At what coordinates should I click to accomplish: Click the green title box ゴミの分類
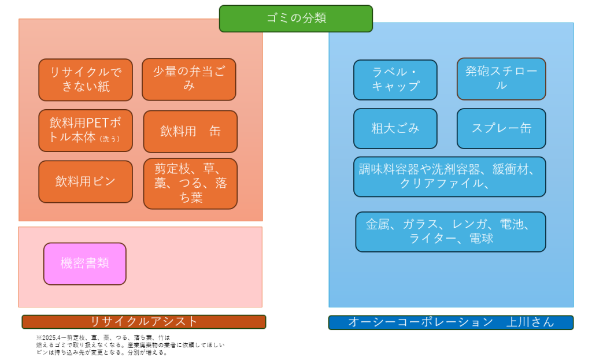295,18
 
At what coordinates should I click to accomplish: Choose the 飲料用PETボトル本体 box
86,131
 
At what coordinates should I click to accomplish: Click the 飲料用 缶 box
190,131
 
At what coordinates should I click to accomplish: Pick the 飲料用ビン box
86,181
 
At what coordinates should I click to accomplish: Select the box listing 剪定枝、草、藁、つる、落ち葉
190,183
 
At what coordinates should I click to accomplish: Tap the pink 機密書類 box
85,263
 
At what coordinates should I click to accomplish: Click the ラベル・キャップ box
395,80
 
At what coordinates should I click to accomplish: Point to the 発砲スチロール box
501,79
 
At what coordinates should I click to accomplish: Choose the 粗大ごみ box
395,128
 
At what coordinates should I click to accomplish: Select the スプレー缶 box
501,128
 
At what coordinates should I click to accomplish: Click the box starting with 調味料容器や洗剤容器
450,176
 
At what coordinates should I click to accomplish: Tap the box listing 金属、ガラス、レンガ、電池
450,231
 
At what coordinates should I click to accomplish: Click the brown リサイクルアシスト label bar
144,322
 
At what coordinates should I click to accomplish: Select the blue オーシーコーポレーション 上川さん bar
450,322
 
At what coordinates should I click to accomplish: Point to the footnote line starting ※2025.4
104,337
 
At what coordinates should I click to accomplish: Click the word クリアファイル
441,184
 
